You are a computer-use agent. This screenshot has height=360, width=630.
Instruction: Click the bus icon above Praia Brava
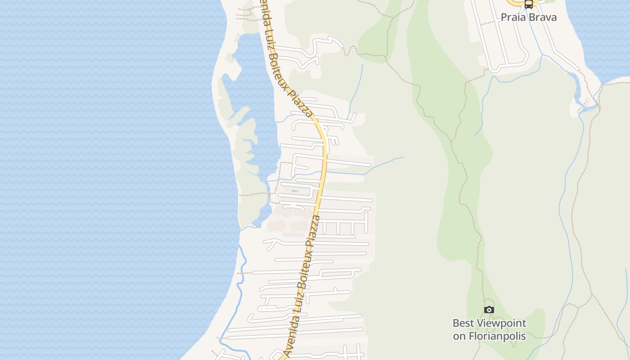pos(529,4)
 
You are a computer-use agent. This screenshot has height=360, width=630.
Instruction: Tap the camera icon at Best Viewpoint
pos(489,310)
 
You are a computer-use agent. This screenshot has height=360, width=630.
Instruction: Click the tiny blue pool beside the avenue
pos(295,191)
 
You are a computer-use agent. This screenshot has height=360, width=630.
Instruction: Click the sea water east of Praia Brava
pos(598,36)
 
